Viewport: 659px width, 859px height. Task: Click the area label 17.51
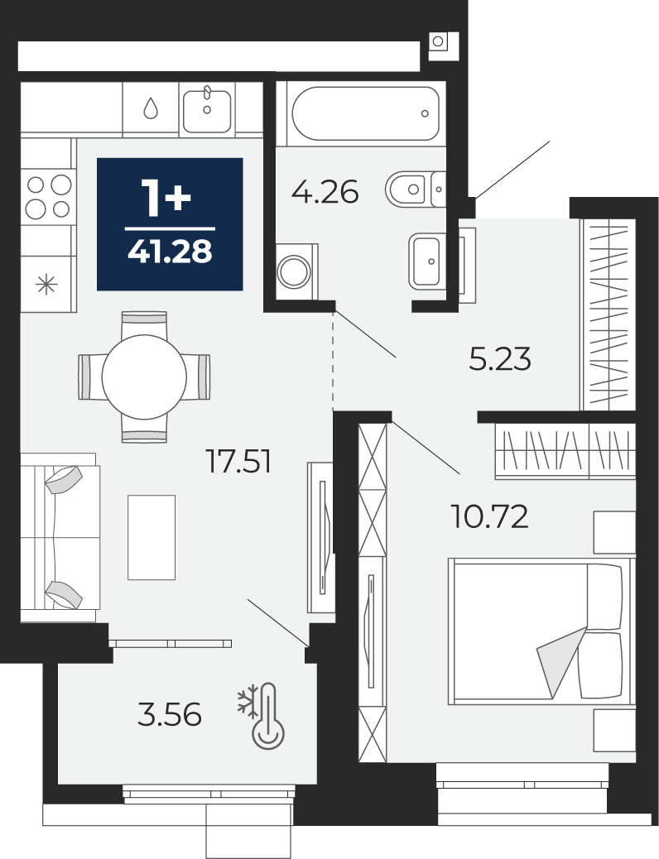238,461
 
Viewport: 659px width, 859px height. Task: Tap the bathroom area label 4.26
325,192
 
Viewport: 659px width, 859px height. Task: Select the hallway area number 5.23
500,359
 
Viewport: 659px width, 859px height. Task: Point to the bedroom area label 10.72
489,516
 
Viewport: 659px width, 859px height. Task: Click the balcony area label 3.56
170,715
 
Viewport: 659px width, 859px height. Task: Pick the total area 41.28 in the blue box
170,252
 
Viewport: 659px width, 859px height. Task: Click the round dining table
144,377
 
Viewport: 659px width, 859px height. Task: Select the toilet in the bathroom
416,189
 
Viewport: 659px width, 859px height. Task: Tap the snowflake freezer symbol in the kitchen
46,285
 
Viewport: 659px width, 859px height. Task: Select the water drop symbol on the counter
151,108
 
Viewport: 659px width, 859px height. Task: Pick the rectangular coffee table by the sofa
152,537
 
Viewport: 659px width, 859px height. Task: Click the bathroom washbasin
427,262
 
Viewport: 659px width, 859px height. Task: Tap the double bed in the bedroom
540,631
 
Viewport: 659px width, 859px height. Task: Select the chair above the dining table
144,324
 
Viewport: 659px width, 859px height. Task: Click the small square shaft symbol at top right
437,41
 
